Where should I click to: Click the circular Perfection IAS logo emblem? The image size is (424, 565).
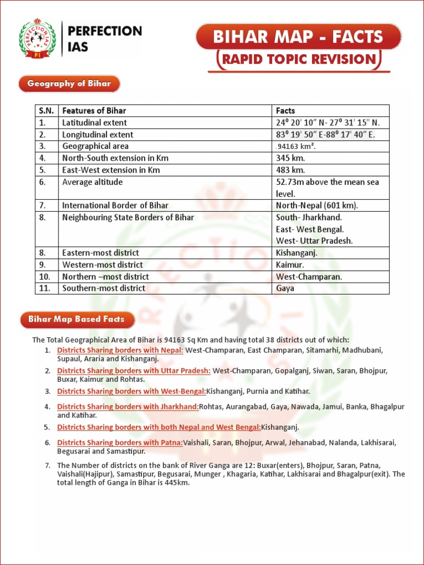[x=37, y=38]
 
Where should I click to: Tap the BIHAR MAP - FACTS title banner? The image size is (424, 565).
[x=298, y=37]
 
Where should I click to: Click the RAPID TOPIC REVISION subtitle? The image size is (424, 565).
[x=298, y=60]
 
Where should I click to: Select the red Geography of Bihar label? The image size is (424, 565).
[x=70, y=84]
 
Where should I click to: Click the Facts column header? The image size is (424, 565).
[x=285, y=111]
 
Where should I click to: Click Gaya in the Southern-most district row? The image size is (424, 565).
[x=285, y=288]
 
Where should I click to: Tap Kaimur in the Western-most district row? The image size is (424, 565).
[x=289, y=265]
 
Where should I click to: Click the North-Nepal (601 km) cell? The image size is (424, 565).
[x=317, y=205]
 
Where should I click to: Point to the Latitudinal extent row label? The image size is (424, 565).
[x=94, y=122]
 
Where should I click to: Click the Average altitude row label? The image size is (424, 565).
[x=92, y=182]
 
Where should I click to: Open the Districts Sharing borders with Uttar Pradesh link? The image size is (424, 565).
[x=134, y=371]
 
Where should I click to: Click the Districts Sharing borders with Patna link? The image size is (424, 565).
[x=120, y=443]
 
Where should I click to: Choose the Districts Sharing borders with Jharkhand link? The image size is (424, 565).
[x=128, y=407]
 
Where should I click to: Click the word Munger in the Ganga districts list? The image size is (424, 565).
[x=243, y=474]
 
